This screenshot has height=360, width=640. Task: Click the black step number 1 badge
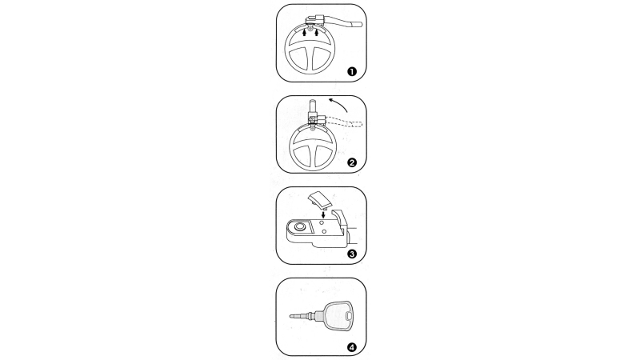pyautogui.click(x=351, y=71)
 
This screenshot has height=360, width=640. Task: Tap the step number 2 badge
pyautogui.click(x=351, y=162)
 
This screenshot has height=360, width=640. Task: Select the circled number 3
pyautogui.click(x=351, y=254)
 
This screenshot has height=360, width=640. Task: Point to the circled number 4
pyautogui.click(x=351, y=347)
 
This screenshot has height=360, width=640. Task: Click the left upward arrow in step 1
pyautogui.click(x=304, y=32)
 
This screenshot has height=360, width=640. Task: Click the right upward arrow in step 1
pyautogui.click(x=316, y=32)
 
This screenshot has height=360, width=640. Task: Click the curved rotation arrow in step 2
pyautogui.click(x=338, y=104)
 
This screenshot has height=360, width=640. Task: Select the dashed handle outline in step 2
pyautogui.click(x=344, y=123)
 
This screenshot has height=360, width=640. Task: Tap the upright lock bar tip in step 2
pyautogui.click(x=312, y=101)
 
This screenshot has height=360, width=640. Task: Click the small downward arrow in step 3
pyautogui.click(x=324, y=214)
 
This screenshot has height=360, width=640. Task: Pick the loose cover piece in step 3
pyautogui.click(x=318, y=202)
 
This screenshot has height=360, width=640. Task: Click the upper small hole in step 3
pyautogui.click(x=322, y=223)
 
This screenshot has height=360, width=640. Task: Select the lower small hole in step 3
pyautogui.click(x=324, y=231)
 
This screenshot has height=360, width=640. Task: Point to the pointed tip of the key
pyautogui.click(x=290, y=315)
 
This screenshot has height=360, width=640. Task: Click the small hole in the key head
pyautogui.click(x=348, y=316)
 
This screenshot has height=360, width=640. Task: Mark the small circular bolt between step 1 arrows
pyautogui.click(x=310, y=29)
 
